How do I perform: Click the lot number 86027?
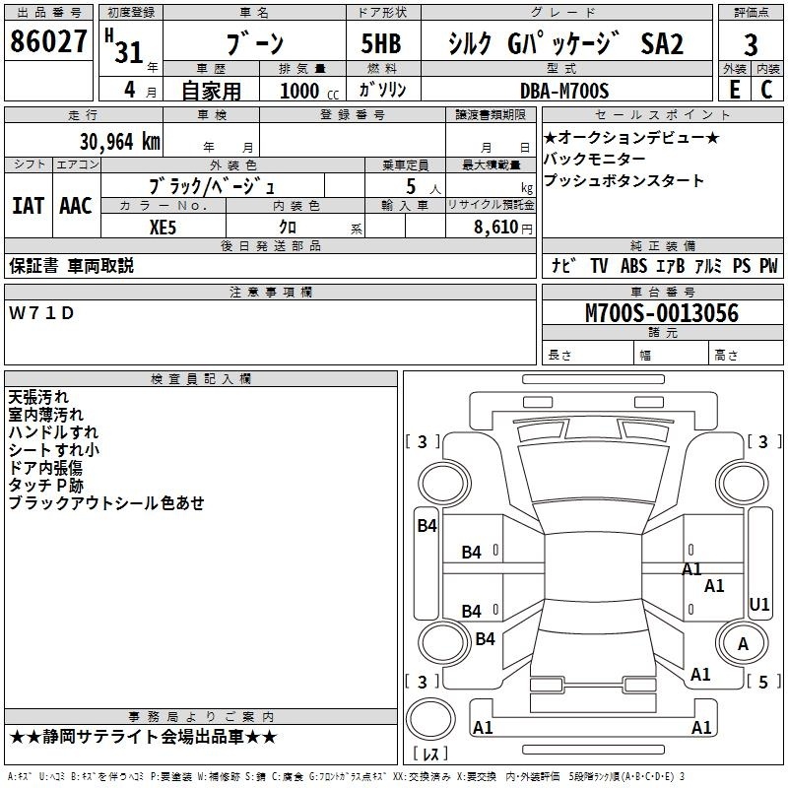point(48,41)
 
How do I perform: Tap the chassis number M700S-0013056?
point(662,313)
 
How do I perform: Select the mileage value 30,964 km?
point(120,141)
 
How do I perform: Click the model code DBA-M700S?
point(564,91)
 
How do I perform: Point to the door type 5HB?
point(381,43)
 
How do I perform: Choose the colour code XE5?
point(163,228)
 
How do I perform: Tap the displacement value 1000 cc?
point(309,91)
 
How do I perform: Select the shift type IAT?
point(29,206)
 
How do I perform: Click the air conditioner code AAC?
point(76,206)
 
